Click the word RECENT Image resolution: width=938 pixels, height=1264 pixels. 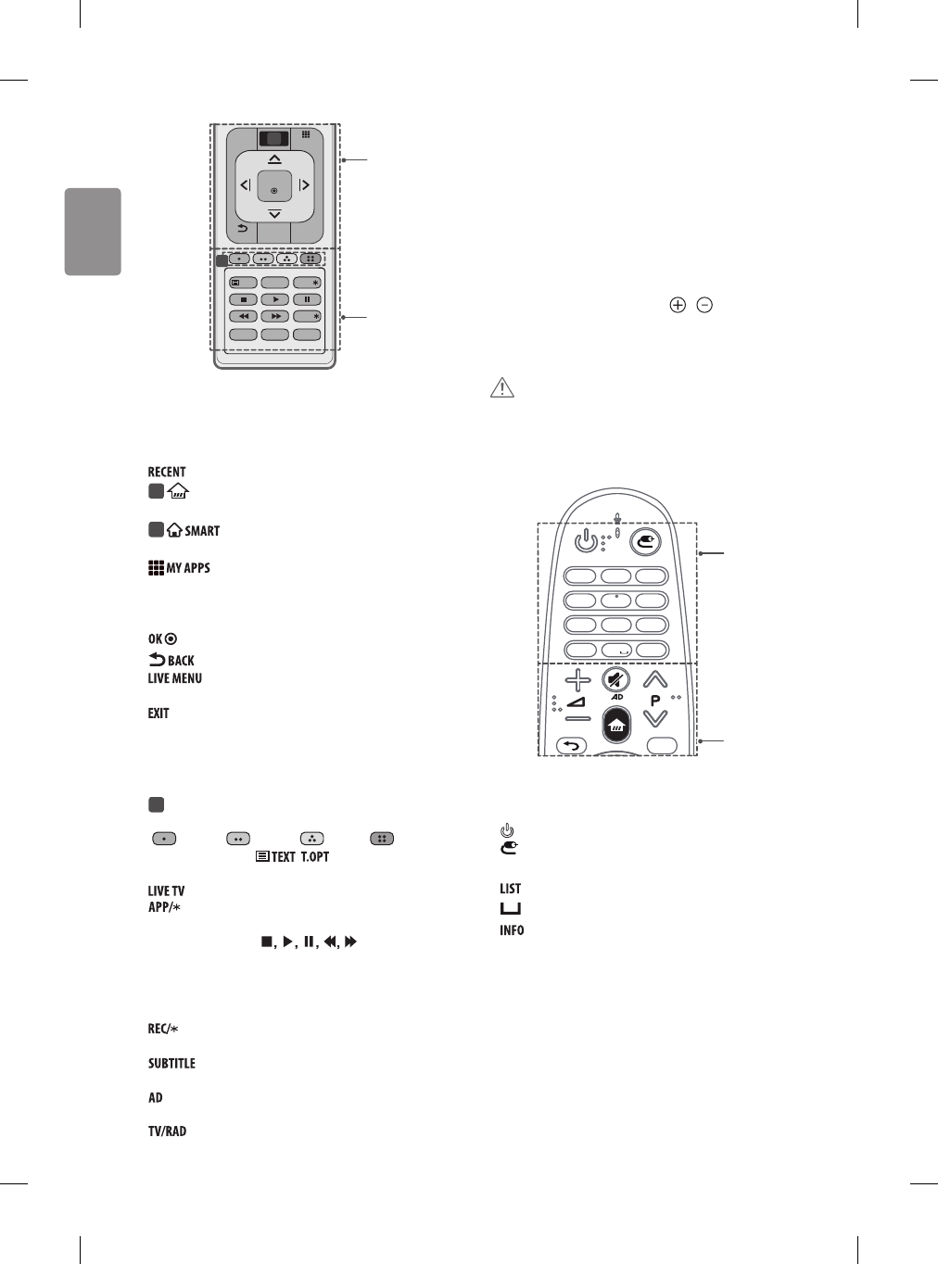point(167,472)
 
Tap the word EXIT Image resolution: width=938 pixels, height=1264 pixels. point(158,714)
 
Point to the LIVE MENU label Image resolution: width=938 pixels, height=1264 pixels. point(174,678)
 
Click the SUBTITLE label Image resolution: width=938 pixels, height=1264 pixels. point(171,1064)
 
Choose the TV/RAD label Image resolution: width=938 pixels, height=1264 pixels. point(167,1131)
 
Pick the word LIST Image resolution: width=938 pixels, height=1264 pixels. point(510,889)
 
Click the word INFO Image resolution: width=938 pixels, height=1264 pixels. point(512,930)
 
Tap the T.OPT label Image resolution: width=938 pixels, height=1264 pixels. point(315,856)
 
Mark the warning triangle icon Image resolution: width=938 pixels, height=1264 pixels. point(501,388)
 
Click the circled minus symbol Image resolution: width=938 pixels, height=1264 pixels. point(705,305)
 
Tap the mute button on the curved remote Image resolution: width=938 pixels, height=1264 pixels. point(614,680)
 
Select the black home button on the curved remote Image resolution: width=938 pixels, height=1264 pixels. point(617,725)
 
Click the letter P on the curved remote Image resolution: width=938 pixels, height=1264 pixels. point(655,702)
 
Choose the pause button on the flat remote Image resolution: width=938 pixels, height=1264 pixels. point(307,299)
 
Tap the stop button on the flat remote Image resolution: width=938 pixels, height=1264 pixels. point(243,299)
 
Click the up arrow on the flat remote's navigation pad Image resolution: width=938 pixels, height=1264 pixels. point(274,159)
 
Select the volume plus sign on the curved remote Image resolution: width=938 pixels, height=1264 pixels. point(577,681)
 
